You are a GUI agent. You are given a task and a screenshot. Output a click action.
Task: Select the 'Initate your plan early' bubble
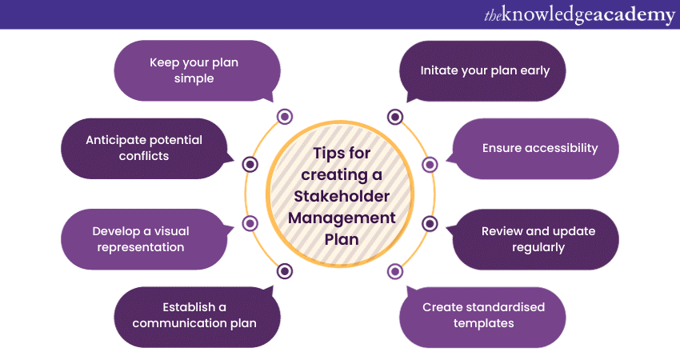point(482,71)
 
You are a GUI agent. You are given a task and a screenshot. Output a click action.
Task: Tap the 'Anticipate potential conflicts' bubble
point(144,148)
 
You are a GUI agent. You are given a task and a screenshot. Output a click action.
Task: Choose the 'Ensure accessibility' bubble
point(535,149)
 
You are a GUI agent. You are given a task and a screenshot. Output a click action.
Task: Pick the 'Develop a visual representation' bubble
point(144,239)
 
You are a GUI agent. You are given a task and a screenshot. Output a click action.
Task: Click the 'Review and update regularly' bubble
point(535,239)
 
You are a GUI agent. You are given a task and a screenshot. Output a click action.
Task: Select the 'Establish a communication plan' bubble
point(197,317)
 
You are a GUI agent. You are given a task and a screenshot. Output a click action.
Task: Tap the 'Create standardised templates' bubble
point(482,317)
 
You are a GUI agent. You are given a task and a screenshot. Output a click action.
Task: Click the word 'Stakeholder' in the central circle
point(342,197)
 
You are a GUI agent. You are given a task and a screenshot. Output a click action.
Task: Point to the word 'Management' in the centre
point(342,218)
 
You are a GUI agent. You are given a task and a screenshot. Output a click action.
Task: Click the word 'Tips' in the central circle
point(327,154)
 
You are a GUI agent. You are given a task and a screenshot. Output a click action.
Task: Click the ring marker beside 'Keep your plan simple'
point(285,116)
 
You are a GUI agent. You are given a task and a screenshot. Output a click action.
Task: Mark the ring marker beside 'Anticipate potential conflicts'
point(250,164)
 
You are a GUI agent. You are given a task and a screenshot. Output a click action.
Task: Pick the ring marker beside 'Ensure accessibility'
point(430,164)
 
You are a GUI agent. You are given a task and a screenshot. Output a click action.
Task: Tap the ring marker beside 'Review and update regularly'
point(430,223)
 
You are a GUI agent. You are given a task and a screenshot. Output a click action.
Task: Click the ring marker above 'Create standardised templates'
point(394,271)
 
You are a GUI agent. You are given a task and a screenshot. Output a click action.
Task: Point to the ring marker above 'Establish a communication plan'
point(285,271)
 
